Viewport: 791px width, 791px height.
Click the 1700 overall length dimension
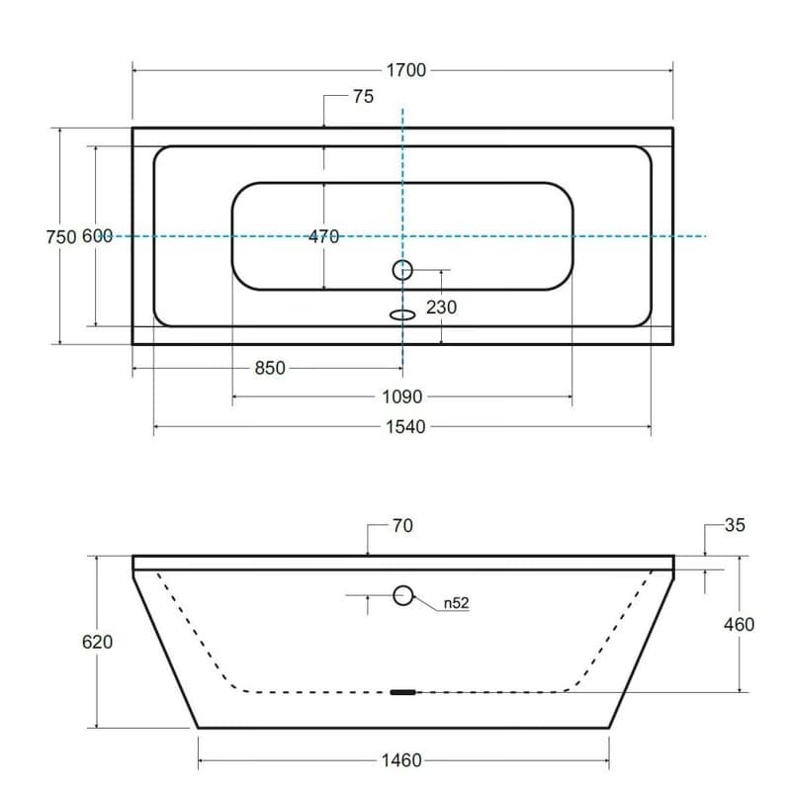click(406, 70)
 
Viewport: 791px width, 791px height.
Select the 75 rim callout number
click(363, 96)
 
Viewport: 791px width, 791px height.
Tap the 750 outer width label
click(61, 236)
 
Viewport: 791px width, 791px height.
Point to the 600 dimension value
click(97, 236)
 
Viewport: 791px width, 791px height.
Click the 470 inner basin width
click(324, 236)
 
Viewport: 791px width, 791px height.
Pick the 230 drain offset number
click(441, 308)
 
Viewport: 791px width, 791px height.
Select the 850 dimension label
click(270, 368)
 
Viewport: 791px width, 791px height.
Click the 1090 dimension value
click(402, 397)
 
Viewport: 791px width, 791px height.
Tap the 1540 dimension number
click(405, 427)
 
